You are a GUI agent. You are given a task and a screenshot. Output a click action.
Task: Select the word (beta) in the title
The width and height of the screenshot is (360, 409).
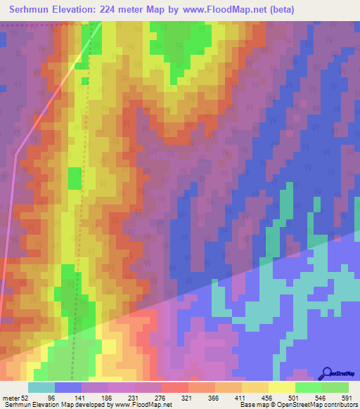point(279,10)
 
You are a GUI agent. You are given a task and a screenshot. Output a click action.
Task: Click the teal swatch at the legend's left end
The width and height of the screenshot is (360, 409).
point(41,388)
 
